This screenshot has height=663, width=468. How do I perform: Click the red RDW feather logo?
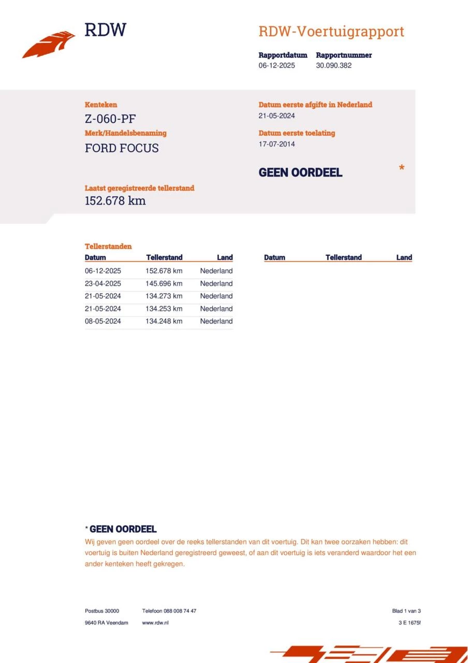49,45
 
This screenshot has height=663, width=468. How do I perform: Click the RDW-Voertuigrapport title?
331,32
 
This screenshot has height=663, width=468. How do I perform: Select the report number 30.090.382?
333,66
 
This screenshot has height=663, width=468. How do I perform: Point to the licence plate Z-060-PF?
110,119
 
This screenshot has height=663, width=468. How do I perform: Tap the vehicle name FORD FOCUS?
122,148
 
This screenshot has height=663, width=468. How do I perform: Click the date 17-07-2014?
276,144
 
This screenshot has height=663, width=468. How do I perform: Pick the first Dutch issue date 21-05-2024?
276,116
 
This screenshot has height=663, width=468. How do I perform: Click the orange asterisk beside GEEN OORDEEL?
401,168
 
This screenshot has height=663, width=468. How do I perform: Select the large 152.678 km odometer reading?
115,201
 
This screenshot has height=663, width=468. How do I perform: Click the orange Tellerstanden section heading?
108,247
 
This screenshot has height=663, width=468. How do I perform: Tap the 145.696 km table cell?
164,284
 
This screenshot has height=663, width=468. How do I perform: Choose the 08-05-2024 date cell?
103,321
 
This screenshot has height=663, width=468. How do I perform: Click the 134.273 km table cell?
164,296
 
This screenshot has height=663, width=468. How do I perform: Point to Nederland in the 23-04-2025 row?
216,284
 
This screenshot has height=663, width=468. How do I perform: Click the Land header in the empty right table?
404,257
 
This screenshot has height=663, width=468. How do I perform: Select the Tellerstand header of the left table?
164,257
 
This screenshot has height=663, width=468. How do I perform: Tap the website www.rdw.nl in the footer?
155,623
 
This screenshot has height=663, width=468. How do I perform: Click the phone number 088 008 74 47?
180,611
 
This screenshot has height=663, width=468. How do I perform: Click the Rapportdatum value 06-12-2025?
276,66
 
